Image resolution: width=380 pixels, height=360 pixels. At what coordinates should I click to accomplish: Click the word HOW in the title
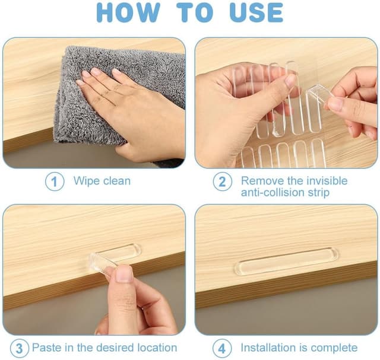[x=128, y=12]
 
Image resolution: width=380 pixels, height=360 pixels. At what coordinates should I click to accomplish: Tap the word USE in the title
[x=256, y=12]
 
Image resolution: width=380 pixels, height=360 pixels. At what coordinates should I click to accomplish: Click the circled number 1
[x=55, y=181]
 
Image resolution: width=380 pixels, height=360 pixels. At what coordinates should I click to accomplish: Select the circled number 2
[x=222, y=181]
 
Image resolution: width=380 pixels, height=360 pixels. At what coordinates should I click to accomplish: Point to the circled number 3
[x=20, y=348]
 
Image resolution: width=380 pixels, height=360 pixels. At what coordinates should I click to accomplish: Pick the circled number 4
[x=222, y=348]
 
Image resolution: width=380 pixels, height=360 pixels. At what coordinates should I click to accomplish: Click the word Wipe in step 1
[x=87, y=181]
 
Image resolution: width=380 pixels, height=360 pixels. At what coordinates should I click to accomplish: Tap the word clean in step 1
[x=117, y=181]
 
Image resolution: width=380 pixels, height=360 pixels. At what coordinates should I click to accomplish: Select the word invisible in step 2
[x=327, y=181]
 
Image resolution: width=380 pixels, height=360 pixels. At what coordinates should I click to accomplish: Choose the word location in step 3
[x=157, y=348]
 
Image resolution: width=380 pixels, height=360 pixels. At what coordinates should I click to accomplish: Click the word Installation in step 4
[x=268, y=348]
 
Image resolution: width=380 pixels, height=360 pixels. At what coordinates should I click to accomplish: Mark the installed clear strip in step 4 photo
[x=286, y=261]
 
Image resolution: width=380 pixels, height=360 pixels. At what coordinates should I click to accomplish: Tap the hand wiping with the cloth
[x=131, y=109]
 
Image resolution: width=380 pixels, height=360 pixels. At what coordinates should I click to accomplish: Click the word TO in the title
[x=195, y=12]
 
